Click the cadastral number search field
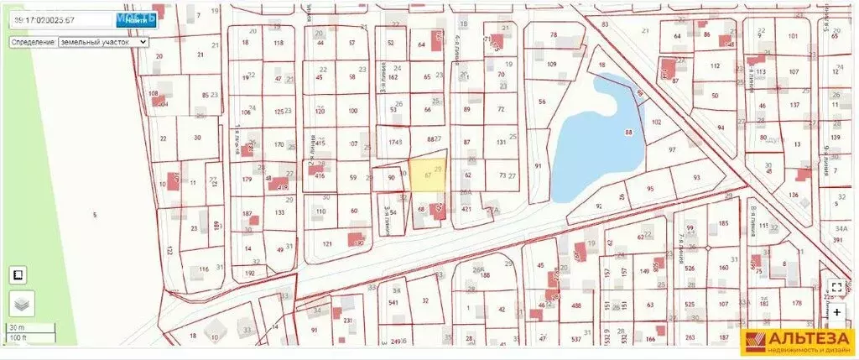[59, 20]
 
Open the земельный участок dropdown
[103, 41]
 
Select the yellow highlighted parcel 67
[428, 175]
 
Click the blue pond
[600, 134]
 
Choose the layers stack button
[19, 305]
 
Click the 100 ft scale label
[18, 337]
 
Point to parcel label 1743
[395, 143]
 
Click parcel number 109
[551, 65]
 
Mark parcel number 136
[793, 196]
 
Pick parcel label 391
[838, 240]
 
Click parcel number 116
[203, 269]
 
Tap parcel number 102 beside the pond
[657, 123]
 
